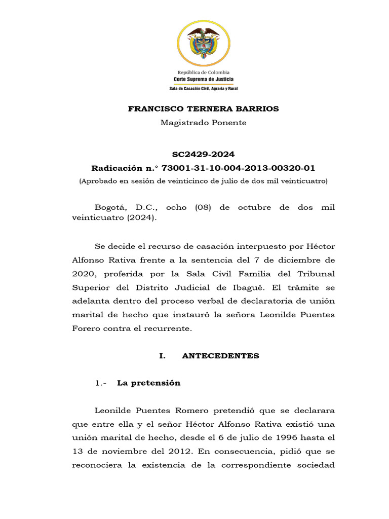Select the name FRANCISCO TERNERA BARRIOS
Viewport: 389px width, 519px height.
pyautogui.click(x=203, y=108)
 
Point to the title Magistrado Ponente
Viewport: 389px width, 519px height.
pyautogui.click(x=203, y=123)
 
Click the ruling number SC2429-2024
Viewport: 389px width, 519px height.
pyautogui.click(x=203, y=154)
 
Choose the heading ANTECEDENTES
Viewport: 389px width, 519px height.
pyautogui.click(x=220, y=356)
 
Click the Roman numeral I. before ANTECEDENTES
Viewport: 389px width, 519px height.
pyautogui.click(x=162, y=356)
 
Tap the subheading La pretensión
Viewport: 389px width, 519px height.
pyautogui.click(x=148, y=383)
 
